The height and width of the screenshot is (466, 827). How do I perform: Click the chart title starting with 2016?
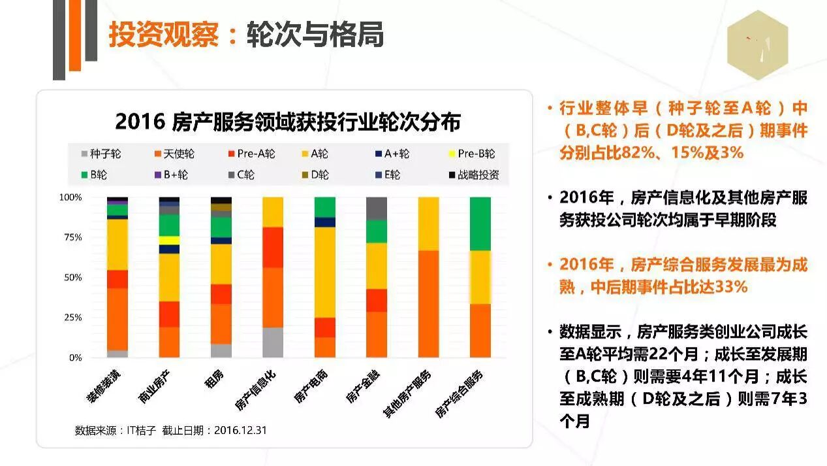tap(288, 122)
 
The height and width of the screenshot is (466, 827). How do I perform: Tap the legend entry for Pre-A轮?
tap(251, 154)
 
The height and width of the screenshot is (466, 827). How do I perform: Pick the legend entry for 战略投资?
tap(474, 175)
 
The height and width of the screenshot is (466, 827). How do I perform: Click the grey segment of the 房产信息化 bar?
tap(273, 342)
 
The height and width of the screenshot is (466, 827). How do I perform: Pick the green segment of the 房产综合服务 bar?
tap(480, 224)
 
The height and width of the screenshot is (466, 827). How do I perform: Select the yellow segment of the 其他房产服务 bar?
tap(428, 224)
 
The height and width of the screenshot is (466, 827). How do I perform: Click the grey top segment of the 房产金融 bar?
tap(376, 208)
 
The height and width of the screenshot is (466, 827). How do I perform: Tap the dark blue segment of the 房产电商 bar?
tap(324, 222)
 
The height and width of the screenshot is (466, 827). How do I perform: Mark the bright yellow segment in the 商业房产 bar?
tap(169, 241)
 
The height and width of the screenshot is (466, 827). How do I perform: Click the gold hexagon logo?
tap(757, 45)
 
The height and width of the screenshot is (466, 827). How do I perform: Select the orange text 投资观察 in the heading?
tap(163, 35)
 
